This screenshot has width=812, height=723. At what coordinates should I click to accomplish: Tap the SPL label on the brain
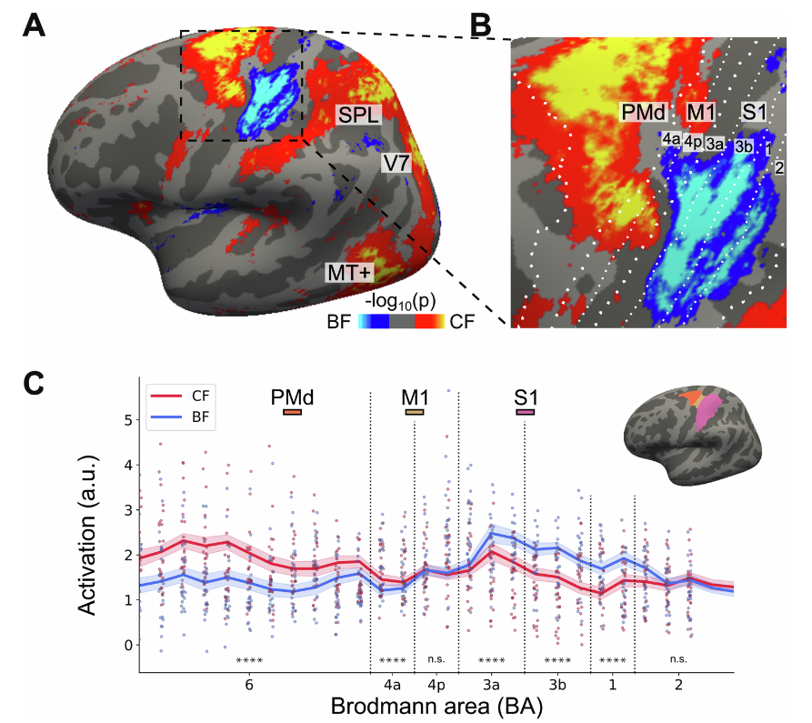(x=357, y=115)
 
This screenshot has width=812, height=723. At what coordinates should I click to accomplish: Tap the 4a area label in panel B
(x=672, y=139)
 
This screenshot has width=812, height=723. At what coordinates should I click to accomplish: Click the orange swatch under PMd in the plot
(x=292, y=413)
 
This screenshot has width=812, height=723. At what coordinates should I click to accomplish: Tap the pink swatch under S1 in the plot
(x=525, y=413)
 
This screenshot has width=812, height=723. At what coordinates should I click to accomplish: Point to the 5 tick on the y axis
(x=127, y=420)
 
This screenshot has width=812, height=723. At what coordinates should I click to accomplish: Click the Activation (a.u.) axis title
(x=90, y=531)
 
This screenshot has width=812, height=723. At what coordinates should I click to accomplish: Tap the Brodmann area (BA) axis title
(x=436, y=706)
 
